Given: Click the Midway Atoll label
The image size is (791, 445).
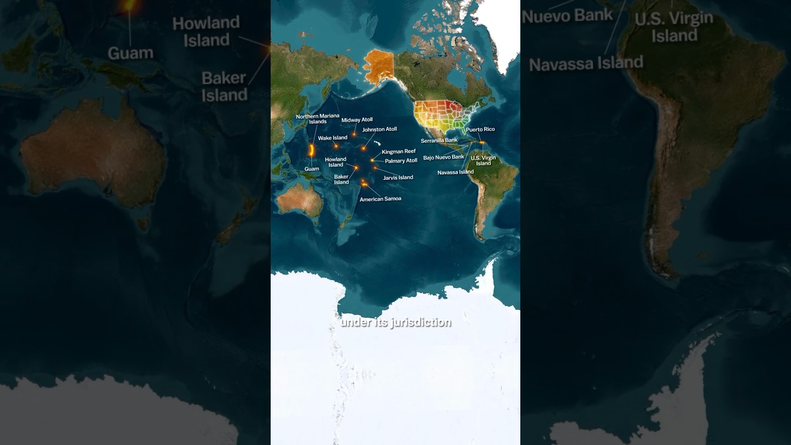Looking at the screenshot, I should (357, 120).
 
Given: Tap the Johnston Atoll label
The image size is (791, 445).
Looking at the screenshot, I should (379, 129).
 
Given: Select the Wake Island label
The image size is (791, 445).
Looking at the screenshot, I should (332, 138).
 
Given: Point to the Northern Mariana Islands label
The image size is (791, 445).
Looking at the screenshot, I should (318, 119).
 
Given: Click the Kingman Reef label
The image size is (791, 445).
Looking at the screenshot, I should (399, 151).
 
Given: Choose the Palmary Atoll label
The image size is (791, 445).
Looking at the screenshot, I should (401, 161).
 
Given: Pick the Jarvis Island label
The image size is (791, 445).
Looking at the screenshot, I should (398, 177).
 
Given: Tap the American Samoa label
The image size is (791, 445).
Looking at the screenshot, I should (380, 199).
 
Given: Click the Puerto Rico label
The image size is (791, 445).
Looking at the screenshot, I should (480, 129).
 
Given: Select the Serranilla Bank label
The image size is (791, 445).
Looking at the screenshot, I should (439, 140).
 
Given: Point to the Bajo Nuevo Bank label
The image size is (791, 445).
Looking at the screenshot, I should (444, 157).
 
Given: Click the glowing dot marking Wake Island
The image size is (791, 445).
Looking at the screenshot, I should (336, 146).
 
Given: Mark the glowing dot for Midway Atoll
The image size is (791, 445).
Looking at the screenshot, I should (354, 134).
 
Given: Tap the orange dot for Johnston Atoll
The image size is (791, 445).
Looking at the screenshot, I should (363, 148).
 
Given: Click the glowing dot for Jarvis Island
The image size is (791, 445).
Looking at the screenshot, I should (374, 167).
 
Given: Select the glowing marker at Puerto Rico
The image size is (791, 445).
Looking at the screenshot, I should (482, 142).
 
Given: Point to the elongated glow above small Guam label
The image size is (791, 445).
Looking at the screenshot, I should (312, 150).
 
